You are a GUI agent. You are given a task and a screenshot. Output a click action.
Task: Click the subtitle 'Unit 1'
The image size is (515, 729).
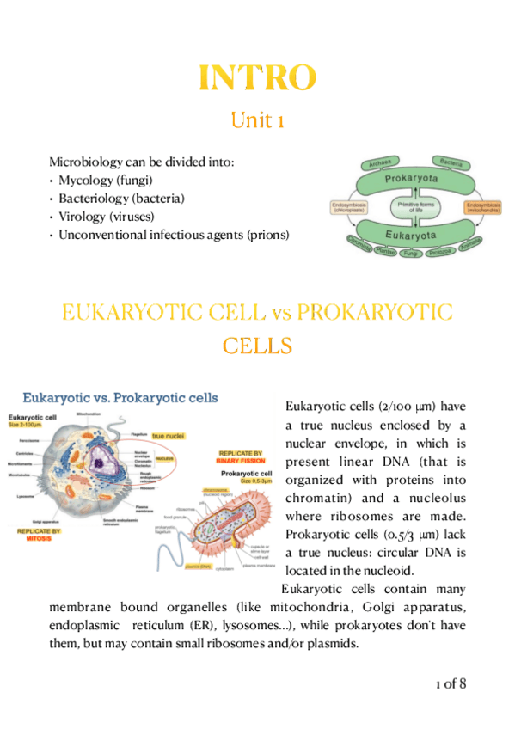click(x=256, y=120)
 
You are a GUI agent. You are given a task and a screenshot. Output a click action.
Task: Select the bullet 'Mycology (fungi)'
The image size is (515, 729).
click(x=106, y=180)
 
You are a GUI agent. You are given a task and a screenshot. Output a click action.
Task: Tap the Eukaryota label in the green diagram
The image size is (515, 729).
click(x=410, y=232)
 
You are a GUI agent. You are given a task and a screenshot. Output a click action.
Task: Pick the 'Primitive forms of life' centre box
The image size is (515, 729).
click(x=411, y=206)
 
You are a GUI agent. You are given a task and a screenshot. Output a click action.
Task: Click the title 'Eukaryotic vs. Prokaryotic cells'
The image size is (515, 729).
click(x=120, y=398)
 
